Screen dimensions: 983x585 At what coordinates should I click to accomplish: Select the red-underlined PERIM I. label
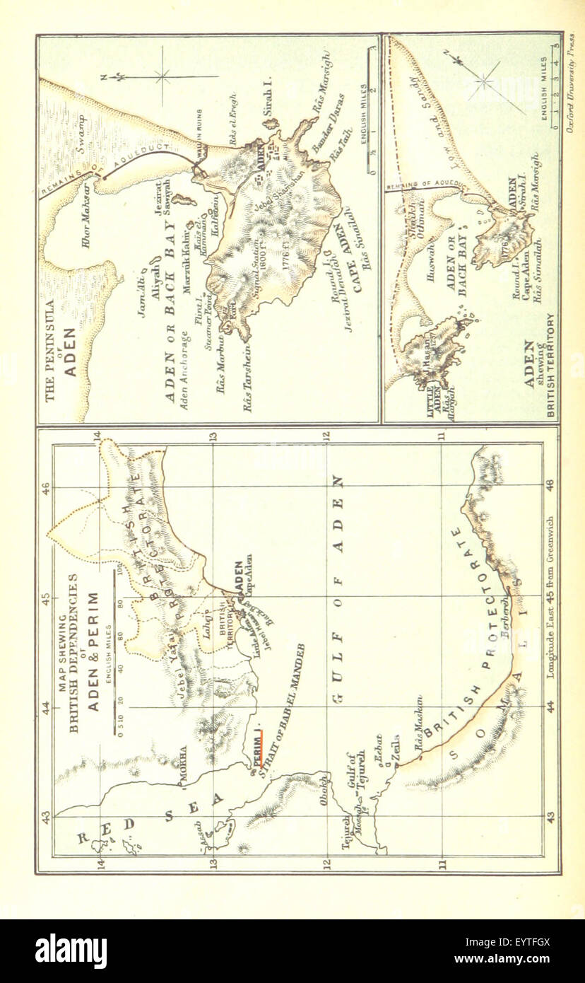(256, 748)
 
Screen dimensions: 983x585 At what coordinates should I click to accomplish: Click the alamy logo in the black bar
(71, 950)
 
